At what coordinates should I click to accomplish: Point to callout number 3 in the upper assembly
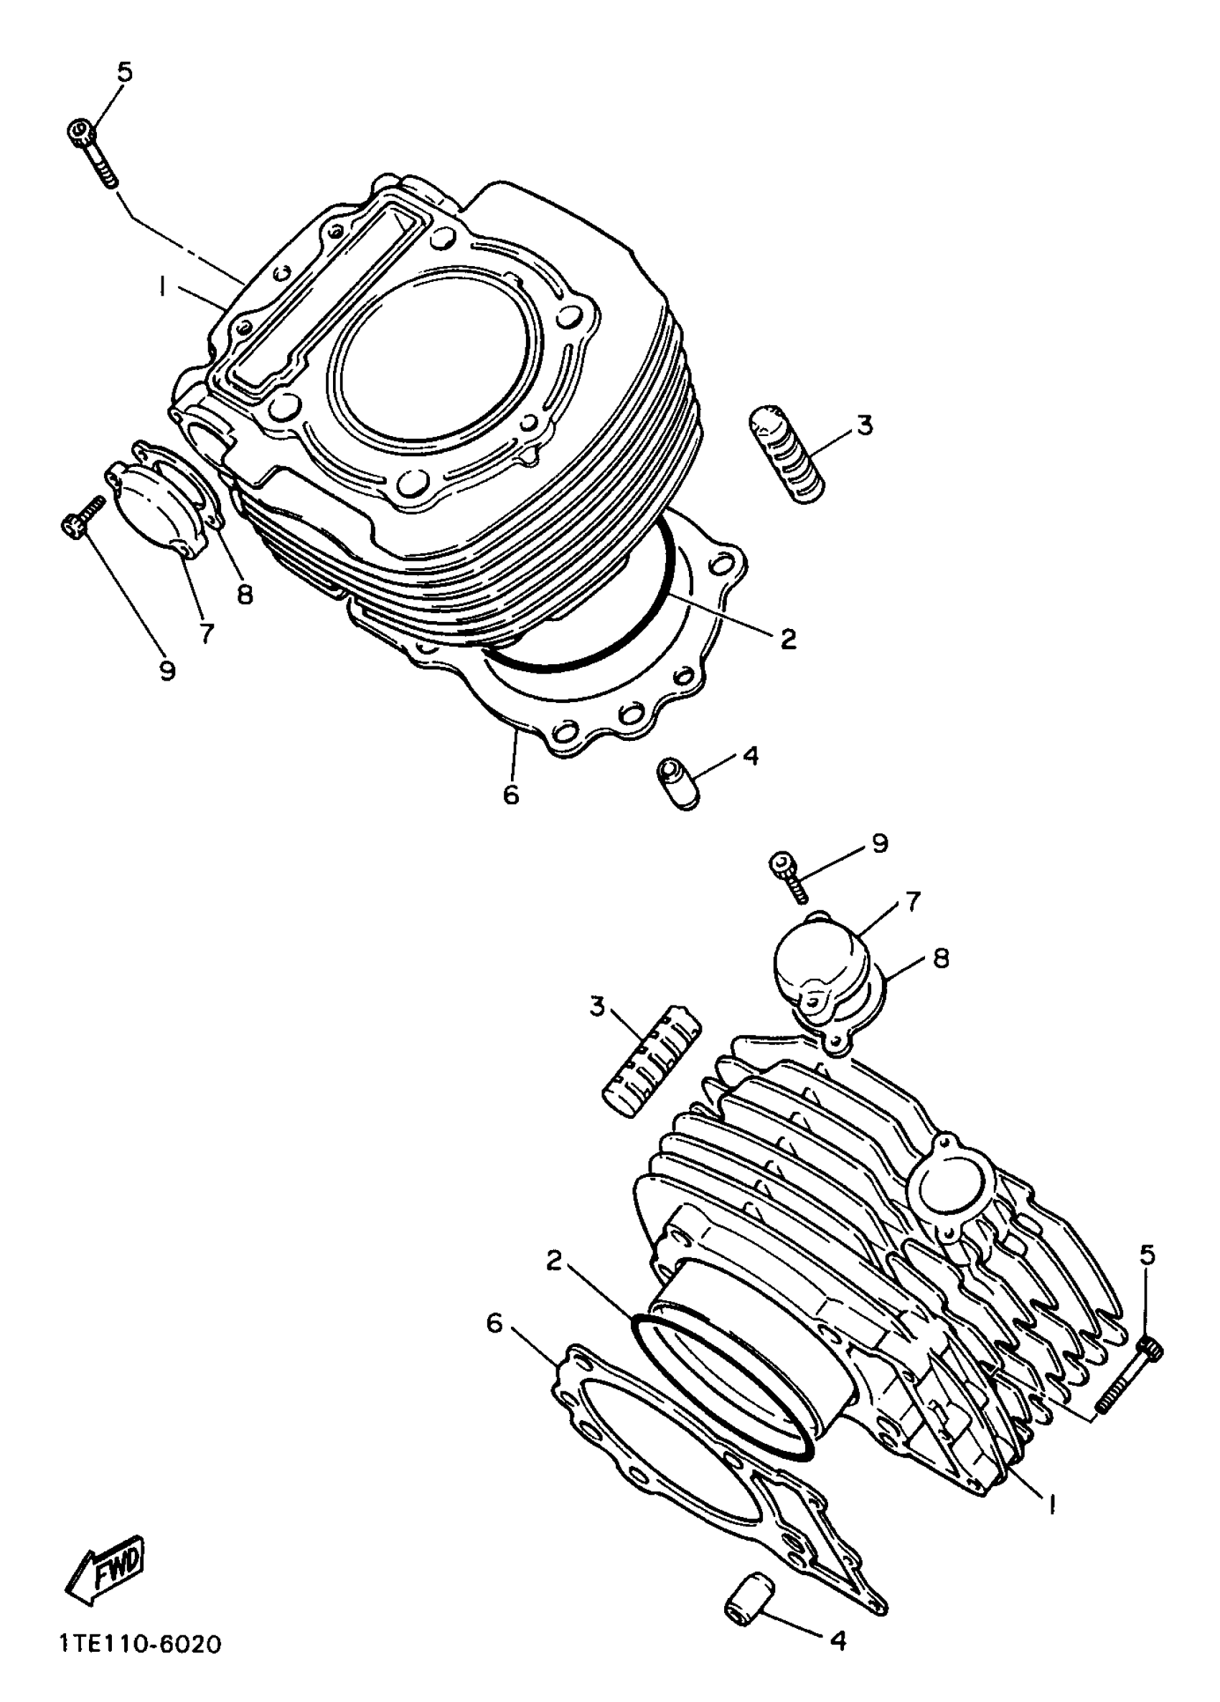(865, 425)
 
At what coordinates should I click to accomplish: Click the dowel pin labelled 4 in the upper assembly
(677, 783)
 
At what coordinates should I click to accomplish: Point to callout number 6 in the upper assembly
(510, 794)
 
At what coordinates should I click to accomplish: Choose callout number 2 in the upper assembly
(787, 639)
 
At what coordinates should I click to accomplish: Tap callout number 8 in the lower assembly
(941, 958)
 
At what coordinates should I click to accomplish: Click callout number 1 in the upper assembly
(161, 287)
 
